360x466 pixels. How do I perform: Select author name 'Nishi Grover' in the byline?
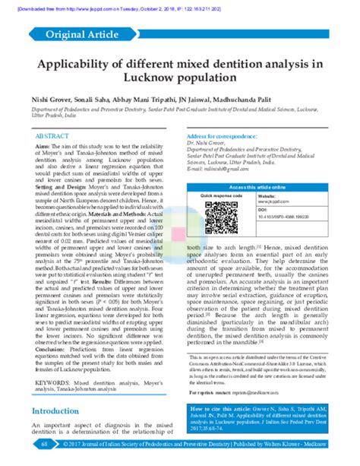51,99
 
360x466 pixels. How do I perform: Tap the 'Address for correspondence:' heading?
219,135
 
